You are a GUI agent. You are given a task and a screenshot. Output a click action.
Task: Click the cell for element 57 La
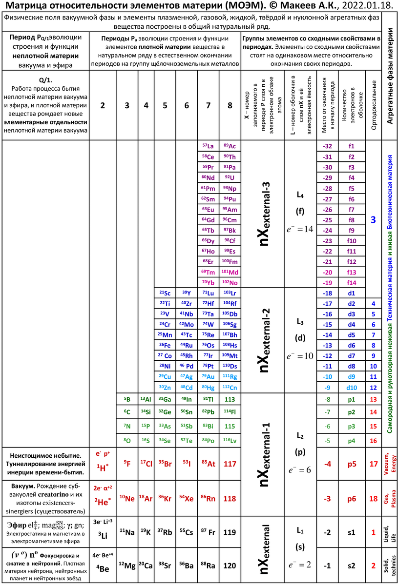click(x=208, y=146)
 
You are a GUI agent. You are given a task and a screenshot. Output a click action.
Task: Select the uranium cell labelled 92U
click(x=229, y=177)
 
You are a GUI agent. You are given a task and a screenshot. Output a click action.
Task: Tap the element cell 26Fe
click(x=165, y=345)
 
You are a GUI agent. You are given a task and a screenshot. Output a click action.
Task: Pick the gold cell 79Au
click(x=208, y=376)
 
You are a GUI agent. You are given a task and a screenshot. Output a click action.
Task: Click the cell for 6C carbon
click(x=127, y=412)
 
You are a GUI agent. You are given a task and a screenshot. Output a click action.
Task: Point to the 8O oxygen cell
click(x=127, y=441)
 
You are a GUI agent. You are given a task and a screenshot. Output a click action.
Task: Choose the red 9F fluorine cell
click(x=127, y=463)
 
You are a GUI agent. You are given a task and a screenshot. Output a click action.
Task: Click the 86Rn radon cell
click(x=208, y=498)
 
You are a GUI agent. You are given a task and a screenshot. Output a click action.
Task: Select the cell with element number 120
click(x=229, y=566)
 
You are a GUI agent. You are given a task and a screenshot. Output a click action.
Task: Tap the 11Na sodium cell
click(x=127, y=532)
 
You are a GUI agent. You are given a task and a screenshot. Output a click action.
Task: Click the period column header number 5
click(x=165, y=105)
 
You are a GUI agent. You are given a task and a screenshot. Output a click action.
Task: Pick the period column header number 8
click(x=229, y=105)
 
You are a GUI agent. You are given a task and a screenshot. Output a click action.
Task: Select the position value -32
click(x=328, y=146)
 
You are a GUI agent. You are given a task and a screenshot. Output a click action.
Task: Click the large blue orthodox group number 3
click(x=373, y=220)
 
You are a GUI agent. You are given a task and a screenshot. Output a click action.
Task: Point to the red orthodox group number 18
click(x=374, y=499)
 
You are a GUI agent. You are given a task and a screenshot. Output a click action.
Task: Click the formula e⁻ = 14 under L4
click(x=300, y=230)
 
